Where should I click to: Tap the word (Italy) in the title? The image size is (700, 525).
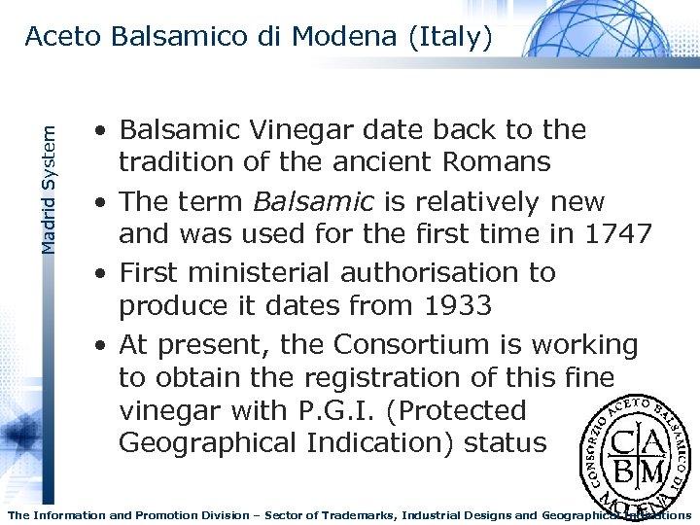(x=451, y=37)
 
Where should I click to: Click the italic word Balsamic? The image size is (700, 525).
(x=312, y=202)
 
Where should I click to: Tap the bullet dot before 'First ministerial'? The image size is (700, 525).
(x=101, y=274)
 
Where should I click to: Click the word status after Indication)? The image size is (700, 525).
(x=506, y=443)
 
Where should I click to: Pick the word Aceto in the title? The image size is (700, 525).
(x=63, y=37)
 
